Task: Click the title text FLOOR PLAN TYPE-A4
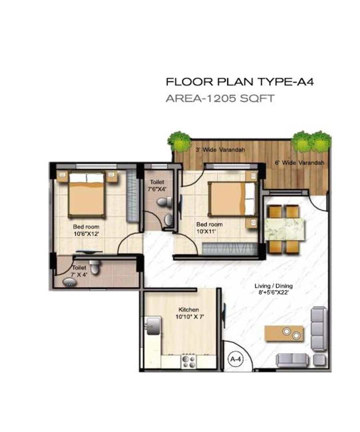[x=240, y=82]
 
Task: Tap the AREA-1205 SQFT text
[x=220, y=98]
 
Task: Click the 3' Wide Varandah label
[x=220, y=150]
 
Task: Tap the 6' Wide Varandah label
[x=299, y=163]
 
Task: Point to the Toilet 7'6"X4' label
[x=157, y=185]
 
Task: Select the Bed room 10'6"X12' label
[x=86, y=230]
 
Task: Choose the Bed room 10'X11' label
[x=209, y=227]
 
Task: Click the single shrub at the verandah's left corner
[x=179, y=141]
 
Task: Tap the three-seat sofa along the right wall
[x=319, y=329]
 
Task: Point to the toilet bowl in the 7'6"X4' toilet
[x=164, y=202]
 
